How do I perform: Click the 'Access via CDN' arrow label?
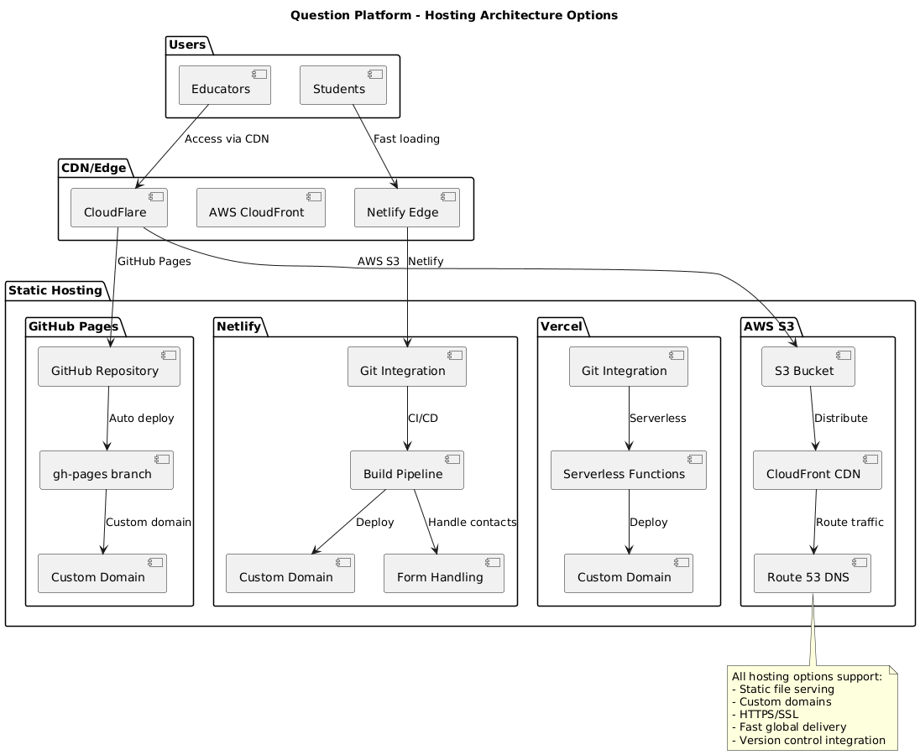click(x=227, y=138)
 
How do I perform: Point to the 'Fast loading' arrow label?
click(x=406, y=138)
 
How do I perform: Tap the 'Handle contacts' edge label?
click(x=472, y=522)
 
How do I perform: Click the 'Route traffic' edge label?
click(x=849, y=522)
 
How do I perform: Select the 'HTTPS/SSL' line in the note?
click(x=765, y=714)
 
